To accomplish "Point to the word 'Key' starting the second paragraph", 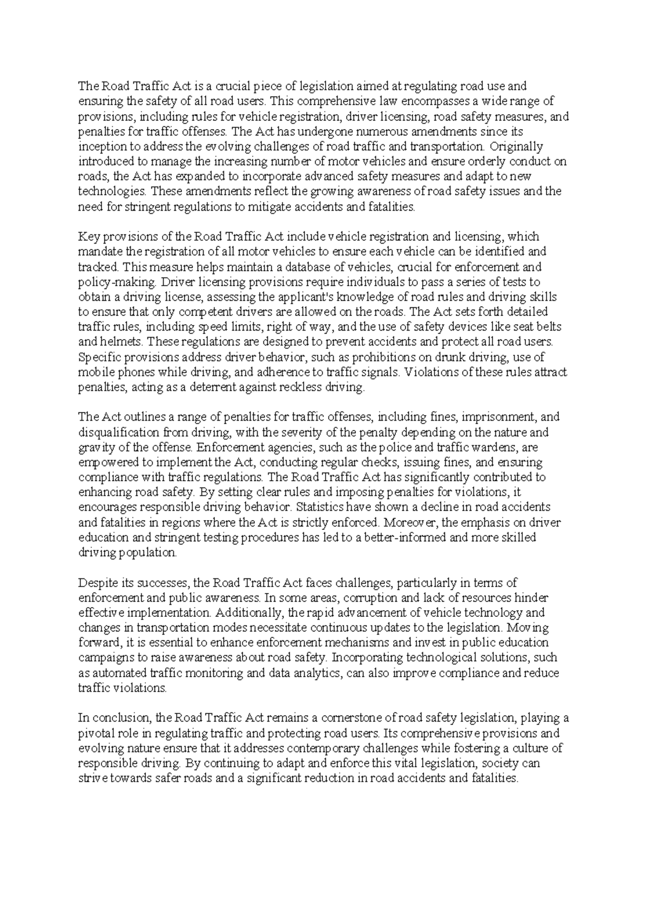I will point(89,237).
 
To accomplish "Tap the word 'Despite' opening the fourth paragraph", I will point(97,583).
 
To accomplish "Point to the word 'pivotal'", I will point(96,733).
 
